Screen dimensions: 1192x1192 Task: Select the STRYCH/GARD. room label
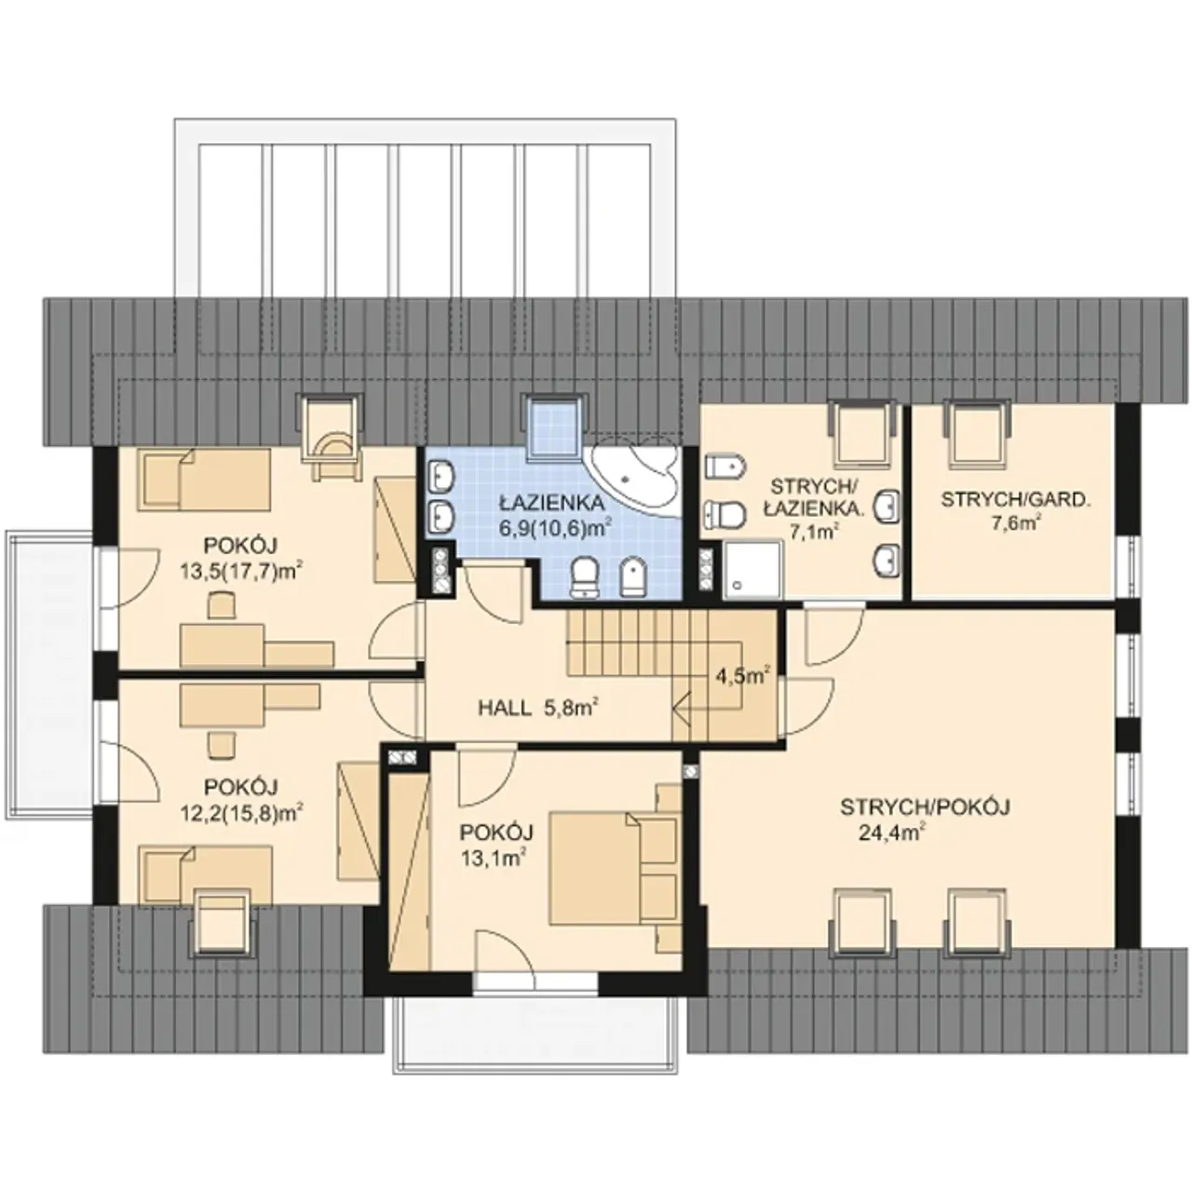[x=1016, y=510]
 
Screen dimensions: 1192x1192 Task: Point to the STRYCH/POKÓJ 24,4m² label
[x=926, y=819]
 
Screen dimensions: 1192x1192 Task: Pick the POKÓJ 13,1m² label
[x=496, y=845]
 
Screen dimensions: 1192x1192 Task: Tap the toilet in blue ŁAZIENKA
[x=585, y=577]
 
